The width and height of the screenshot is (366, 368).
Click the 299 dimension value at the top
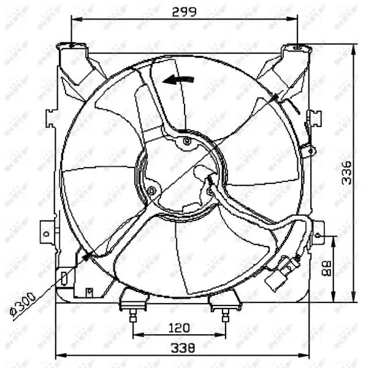(184, 11)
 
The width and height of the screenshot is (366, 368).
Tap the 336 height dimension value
(346, 174)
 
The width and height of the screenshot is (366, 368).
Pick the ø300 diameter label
(23, 303)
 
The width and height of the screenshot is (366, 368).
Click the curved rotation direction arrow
(178, 79)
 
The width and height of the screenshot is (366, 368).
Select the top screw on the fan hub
(188, 142)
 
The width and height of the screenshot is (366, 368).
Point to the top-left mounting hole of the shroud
(72, 45)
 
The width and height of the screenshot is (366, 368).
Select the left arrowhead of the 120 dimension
(136, 335)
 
